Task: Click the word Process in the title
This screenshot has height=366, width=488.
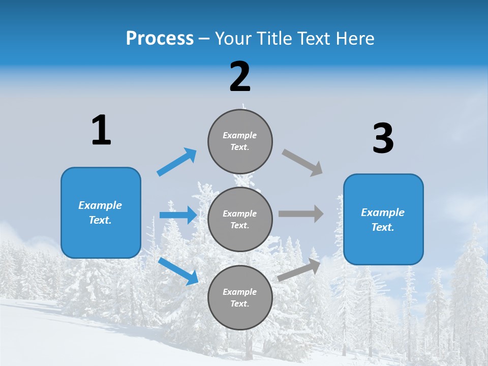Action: (x=160, y=39)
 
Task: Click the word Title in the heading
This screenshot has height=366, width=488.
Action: (x=273, y=39)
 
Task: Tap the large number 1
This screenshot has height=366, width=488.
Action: (x=101, y=130)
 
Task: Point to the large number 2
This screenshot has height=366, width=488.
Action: (x=240, y=77)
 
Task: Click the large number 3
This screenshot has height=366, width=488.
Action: (x=383, y=139)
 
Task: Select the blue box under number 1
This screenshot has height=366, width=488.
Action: (x=101, y=212)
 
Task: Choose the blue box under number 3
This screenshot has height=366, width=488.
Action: (x=383, y=219)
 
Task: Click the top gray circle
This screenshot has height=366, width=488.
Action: (x=240, y=141)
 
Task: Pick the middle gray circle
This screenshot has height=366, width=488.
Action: (x=240, y=219)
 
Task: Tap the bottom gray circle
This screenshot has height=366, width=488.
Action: (x=240, y=297)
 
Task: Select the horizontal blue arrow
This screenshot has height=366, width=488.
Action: (x=178, y=215)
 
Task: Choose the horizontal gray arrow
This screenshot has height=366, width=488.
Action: (x=301, y=214)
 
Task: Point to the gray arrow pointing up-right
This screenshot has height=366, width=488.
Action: (x=299, y=269)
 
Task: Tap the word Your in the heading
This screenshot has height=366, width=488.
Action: (x=233, y=39)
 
